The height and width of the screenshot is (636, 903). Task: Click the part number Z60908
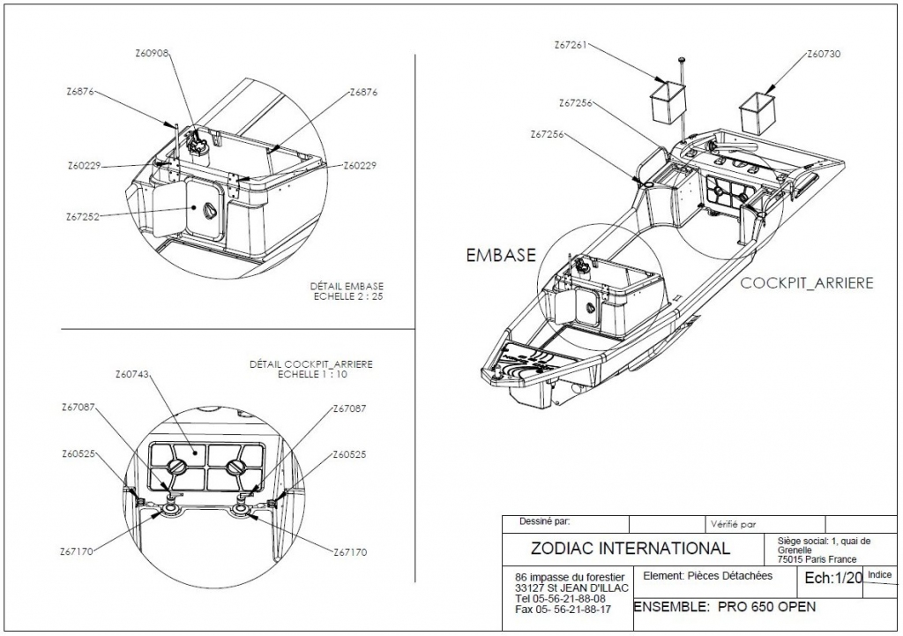coord(152,53)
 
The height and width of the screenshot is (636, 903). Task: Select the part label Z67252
coord(82,217)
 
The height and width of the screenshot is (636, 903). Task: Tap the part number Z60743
coord(132,375)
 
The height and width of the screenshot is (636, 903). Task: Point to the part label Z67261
coord(571,45)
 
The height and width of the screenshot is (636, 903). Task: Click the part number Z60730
coord(824,54)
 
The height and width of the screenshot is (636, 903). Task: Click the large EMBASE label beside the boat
coord(501,255)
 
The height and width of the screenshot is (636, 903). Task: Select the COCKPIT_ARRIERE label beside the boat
coord(807,283)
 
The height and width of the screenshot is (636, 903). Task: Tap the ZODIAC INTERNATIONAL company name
coord(630,548)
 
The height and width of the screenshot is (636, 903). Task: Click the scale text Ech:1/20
coord(833,578)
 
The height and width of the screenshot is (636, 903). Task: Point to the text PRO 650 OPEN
coord(767,607)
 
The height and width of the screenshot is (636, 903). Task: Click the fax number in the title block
coord(563,610)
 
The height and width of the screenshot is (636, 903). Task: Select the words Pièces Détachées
coord(730,575)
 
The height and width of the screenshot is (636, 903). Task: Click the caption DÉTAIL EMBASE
coord(347,287)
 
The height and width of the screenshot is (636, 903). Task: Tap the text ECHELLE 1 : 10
coord(313,375)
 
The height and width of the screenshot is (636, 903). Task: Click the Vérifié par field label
coord(733,524)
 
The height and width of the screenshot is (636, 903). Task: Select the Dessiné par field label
coord(544,521)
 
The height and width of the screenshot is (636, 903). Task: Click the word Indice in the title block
coord(879,574)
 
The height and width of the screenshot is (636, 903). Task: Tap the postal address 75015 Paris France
coord(817,559)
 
